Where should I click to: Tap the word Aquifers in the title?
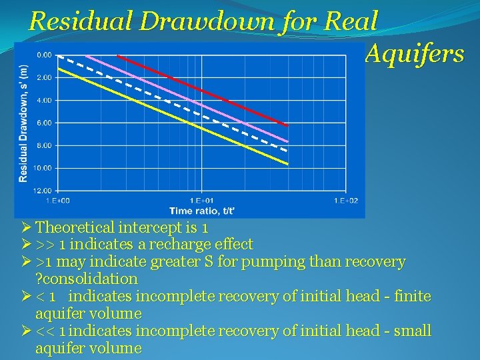414,54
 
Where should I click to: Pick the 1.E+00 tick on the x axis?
57,200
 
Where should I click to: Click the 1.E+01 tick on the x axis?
201,200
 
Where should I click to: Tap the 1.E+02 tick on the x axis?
345,200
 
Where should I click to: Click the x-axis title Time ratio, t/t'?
201,211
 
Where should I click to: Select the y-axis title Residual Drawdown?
24,123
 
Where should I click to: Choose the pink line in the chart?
200,101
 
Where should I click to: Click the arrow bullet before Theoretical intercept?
27,227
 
